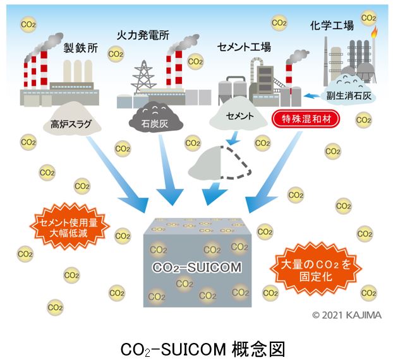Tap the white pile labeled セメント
point(239,116)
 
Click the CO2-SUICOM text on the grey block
point(197,267)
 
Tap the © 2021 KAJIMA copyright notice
point(346,315)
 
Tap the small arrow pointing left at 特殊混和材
point(311,96)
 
